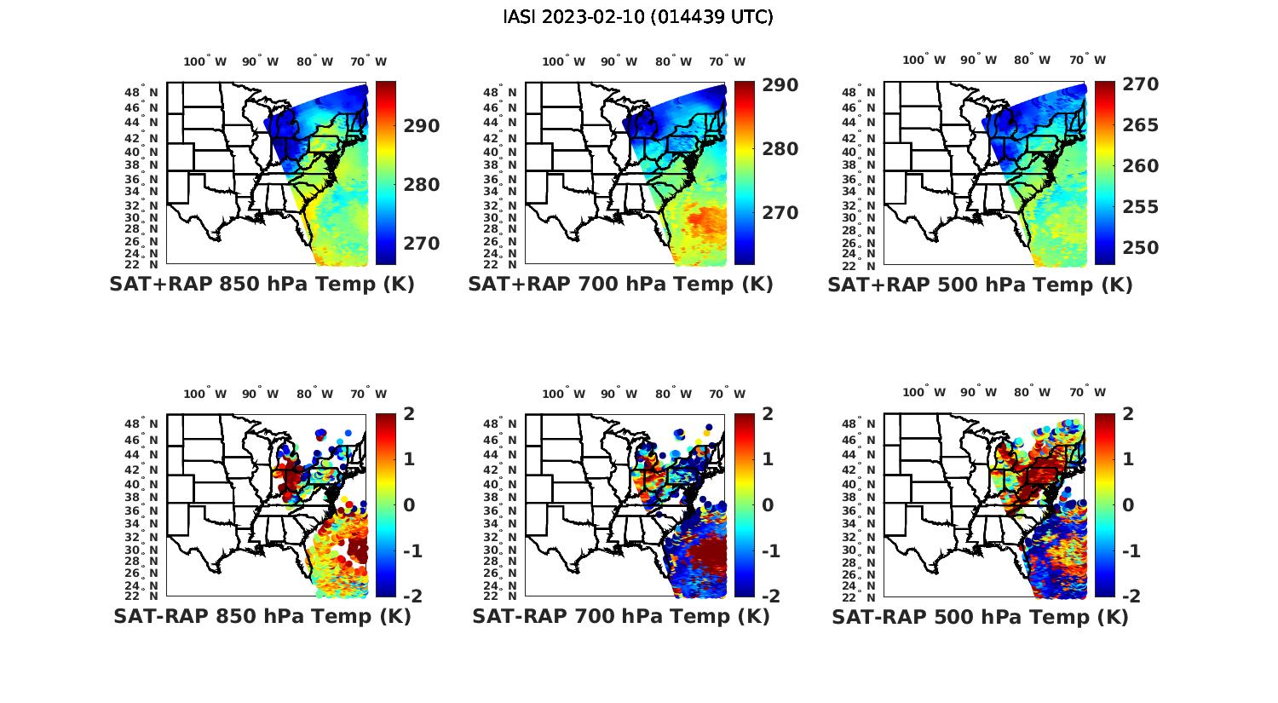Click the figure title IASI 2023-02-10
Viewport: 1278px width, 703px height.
[x=638, y=17]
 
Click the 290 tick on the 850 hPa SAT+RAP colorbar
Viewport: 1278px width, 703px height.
[x=422, y=126]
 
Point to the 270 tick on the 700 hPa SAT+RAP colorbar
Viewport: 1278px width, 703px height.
[x=780, y=212]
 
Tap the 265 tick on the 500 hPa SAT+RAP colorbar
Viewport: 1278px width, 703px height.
[x=1140, y=125]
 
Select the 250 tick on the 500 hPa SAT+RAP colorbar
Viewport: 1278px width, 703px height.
[x=1140, y=248]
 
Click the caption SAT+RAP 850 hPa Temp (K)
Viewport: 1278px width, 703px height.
[x=262, y=285]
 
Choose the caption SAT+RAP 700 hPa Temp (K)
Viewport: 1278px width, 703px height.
[x=620, y=285]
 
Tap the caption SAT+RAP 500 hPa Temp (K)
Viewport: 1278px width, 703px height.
[x=980, y=285]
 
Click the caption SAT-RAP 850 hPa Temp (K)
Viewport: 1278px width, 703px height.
[x=262, y=616]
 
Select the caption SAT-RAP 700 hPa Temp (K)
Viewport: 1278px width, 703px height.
[x=620, y=616]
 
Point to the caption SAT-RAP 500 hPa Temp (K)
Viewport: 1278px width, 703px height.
[x=980, y=617]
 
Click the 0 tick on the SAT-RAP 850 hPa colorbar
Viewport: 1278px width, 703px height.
[x=408, y=504]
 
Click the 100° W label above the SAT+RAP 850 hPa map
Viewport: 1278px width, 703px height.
[x=205, y=61]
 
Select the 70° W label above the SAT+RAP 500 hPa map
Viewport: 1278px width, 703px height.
[x=1088, y=60]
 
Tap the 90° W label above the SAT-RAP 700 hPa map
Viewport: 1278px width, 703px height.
[x=619, y=394]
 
